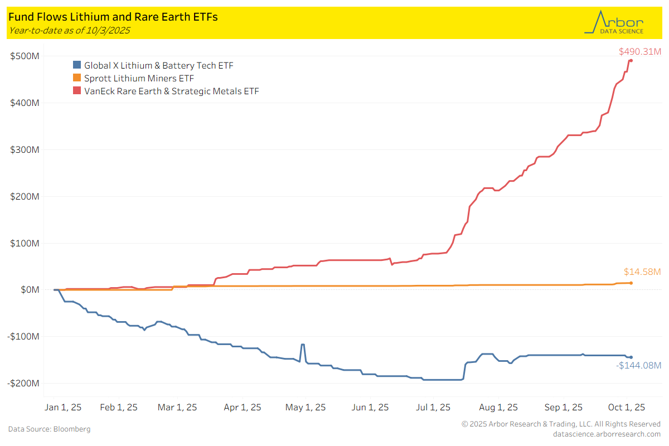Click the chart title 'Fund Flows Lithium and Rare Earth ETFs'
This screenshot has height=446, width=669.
click(x=113, y=17)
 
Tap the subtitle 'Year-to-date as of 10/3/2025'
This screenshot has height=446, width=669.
click(x=69, y=31)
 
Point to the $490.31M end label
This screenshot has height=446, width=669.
click(x=639, y=52)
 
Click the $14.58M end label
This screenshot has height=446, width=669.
click(x=642, y=272)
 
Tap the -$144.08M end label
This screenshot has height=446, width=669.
click(x=638, y=366)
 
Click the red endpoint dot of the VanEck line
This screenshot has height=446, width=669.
click(x=631, y=61)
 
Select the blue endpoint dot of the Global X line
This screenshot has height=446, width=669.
click(x=631, y=357)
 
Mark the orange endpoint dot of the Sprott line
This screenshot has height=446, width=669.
click(x=631, y=283)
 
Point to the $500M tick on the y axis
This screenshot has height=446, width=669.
click(x=25, y=56)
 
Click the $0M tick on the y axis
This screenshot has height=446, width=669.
click(x=28, y=290)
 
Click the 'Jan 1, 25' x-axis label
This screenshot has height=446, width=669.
click(x=62, y=408)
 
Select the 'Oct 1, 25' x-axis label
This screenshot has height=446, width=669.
click(x=626, y=408)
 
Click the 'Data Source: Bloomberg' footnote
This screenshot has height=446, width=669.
click(x=49, y=429)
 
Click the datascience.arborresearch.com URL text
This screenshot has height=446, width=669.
click(x=607, y=434)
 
